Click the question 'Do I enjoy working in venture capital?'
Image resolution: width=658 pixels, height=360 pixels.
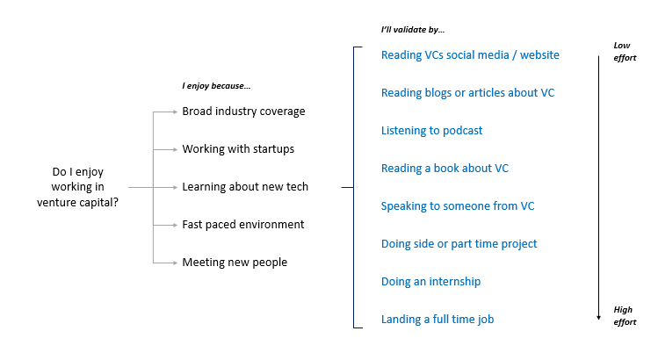pyautogui.click(x=77, y=187)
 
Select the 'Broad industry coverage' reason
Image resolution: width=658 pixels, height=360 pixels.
pyautogui.click(x=243, y=112)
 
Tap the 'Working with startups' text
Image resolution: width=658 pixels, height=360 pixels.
pyautogui.click(x=238, y=149)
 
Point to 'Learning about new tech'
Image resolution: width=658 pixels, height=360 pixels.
pyautogui.click(x=245, y=187)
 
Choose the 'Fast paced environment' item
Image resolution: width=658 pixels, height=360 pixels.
pyautogui.click(x=243, y=225)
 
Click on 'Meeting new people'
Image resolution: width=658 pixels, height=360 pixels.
pyautogui.click(x=235, y=263)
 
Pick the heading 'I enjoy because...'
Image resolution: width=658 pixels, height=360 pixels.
pyautogui.click(x=216, y=86)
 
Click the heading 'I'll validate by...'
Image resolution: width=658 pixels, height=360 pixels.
pyautogui.click(x=413, y=30)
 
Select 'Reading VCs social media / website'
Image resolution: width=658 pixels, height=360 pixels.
pyautogui.click(x=470, y=55)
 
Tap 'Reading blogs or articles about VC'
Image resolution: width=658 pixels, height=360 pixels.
pyautogui.click(x=467, y=93)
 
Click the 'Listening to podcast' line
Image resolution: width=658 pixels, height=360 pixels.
pyautogui.click(x=431, y=131)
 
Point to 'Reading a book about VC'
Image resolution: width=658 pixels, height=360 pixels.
pyautogui.click(x=445, y=169)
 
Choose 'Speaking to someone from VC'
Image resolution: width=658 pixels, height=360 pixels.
pyautogui.click(x=458, y=206)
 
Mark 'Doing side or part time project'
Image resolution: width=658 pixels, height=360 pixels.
pyautogui.click(x=459, y=244)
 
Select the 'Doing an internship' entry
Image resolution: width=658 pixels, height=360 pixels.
pyautogui.click(x=430, y=282)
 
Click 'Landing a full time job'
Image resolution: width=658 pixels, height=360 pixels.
pyautogui.click(x=437, y=320)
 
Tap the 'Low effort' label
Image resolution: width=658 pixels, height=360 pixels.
pyautogui.click(x=625, y=52)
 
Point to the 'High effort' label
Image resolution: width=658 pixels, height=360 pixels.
pyautogui.click(x=625, y=316)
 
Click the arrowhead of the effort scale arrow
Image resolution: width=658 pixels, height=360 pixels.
pyautogui.click(x=599, y=318)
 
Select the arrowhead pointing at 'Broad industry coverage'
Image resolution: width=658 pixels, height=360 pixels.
pyautogui.click(x=176, y=112)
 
